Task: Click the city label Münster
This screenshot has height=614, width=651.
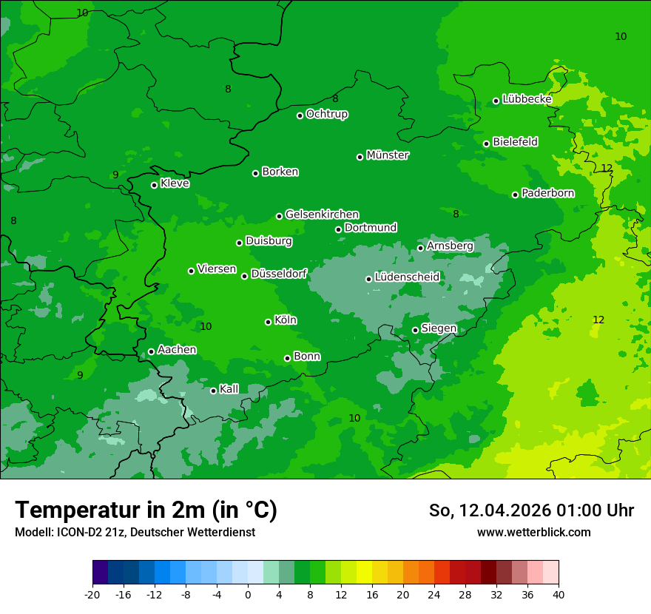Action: (388, 155)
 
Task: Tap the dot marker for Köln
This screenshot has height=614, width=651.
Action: (268, 322)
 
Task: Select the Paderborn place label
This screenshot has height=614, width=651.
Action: (548, 193)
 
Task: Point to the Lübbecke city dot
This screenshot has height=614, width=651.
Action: (496, 101)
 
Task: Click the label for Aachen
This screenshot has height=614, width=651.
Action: (177, 349)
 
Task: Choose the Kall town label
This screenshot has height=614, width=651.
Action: (229, 388)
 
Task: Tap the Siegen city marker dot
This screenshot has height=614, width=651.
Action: (415, 330)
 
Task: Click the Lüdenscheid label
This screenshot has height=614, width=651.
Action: (407, 277)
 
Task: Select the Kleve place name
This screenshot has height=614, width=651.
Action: (175, 183)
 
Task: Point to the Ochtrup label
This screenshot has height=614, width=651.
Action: (327, 114)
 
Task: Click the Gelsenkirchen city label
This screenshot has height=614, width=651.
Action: (322, 215)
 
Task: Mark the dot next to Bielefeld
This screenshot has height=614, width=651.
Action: (486, 144)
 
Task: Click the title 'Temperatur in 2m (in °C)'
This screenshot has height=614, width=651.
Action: (146, 510)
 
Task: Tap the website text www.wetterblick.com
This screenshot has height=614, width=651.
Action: (533, 532)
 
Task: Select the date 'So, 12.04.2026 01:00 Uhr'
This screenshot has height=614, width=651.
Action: (531, 510)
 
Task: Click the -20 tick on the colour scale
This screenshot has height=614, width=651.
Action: (92, 594)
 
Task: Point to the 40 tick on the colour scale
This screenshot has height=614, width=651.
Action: (559, 594)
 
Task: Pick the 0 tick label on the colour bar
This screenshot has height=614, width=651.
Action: (248, 594)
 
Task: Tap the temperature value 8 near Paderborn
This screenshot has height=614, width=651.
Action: (456, 214)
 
